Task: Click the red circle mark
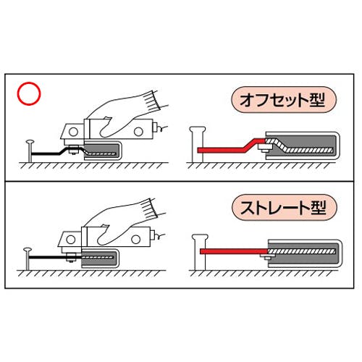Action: coord(29,93)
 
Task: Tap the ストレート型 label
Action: coord(284,208)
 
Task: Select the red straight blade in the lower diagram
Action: coord(234,251)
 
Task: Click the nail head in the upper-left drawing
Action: coord(30,142)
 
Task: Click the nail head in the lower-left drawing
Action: coord(28,249)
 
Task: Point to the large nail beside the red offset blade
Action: coord(198,144)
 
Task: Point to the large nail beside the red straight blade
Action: coord(200,252)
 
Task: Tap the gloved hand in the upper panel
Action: coord(125,114)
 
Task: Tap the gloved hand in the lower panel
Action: coord(123,222)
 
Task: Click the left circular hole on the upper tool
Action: coord(73,132)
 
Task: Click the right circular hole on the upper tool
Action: coord(138,132)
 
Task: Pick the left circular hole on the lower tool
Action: coord(71,240)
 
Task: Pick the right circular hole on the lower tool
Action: coord(135,240)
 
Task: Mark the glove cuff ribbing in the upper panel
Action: coord(152,101)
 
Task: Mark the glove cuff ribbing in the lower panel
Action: coord(150,209)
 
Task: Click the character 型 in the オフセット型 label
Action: coord(317,100)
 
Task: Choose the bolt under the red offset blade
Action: coord(264,148)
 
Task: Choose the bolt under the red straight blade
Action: coord(266,257)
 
